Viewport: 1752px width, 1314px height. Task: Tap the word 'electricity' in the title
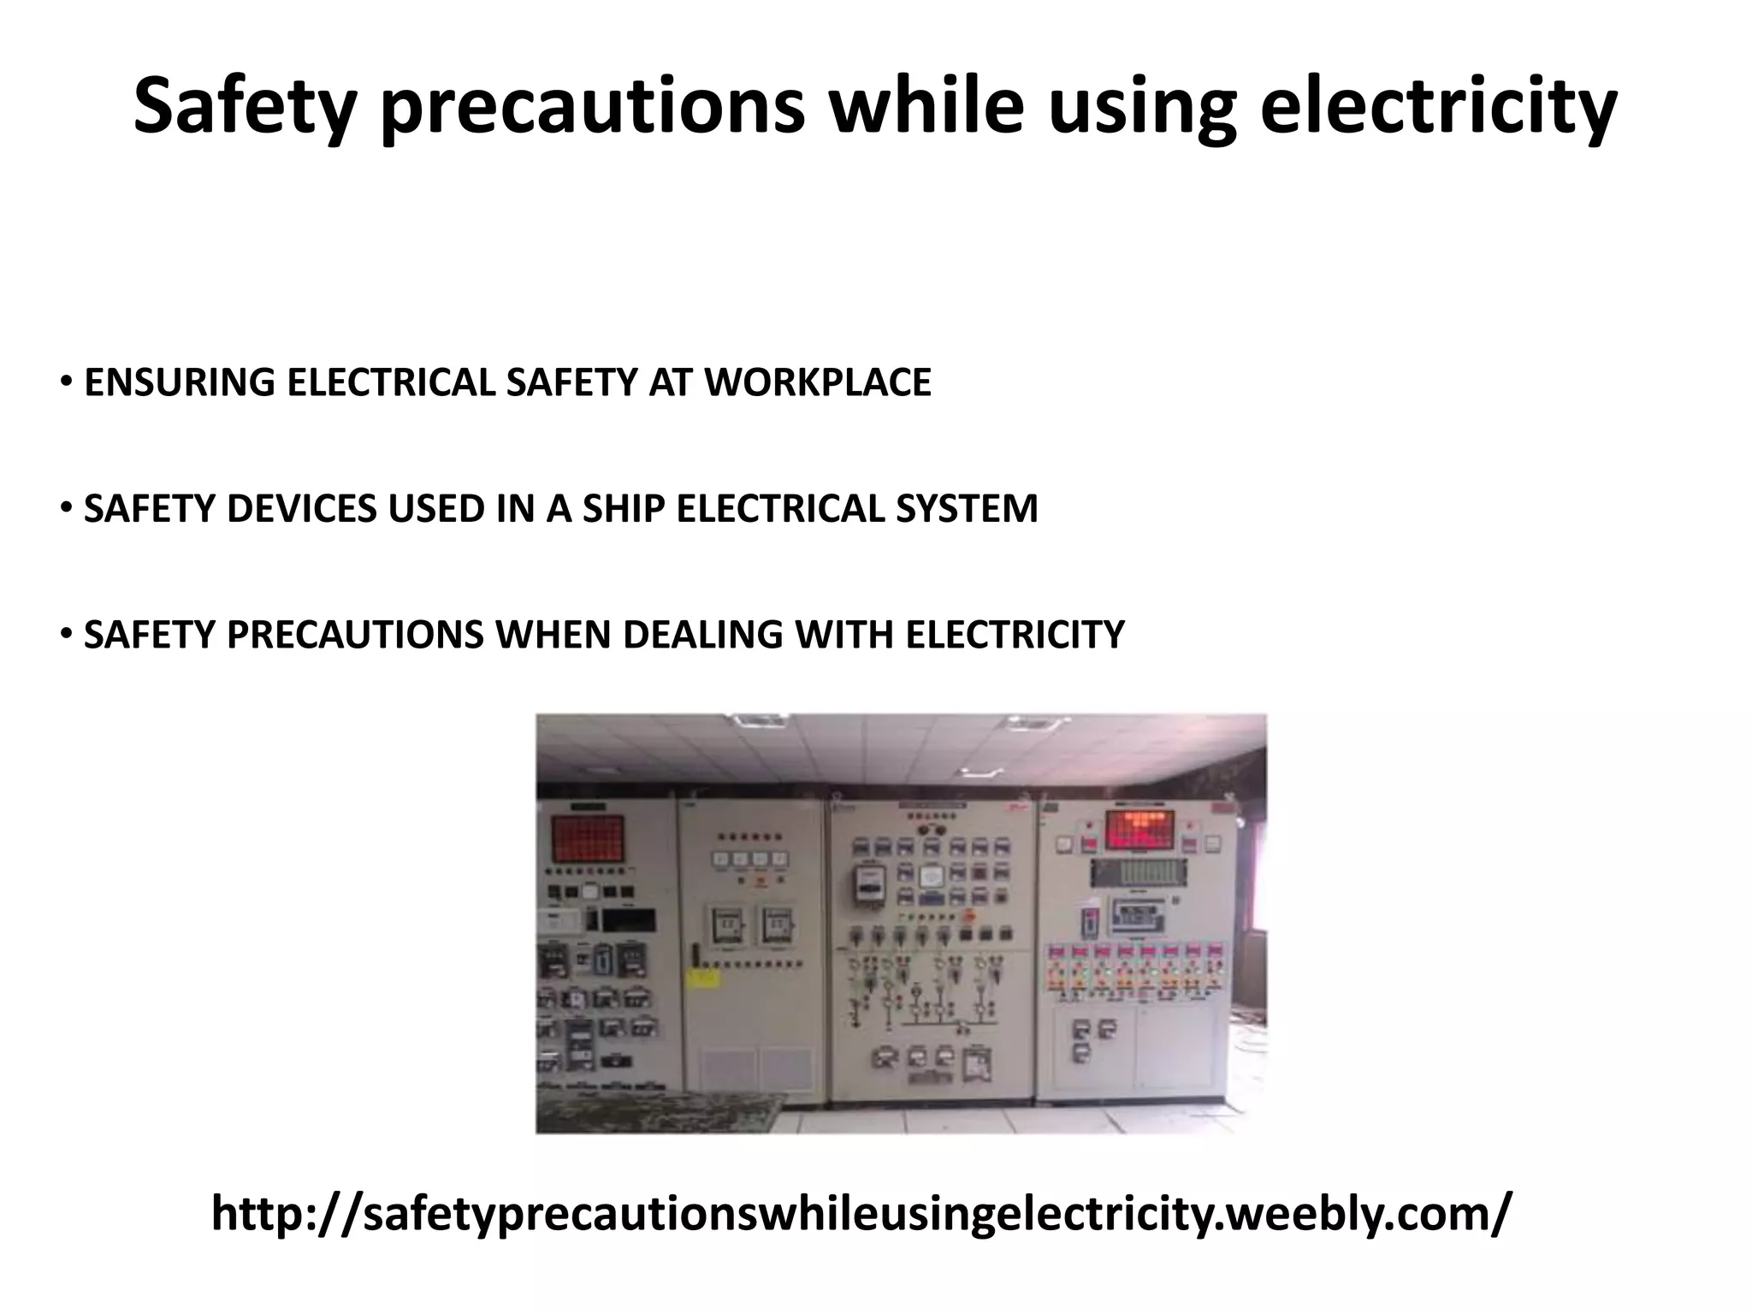click(x=1438, y=106)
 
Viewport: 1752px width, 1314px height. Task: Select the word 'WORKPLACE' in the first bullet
click(x=817, y=382)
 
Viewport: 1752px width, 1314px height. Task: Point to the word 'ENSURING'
click(x=179, y=382)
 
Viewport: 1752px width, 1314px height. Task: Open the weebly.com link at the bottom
click(x=861, y=1213)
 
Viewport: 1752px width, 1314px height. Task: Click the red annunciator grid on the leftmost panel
click(x=587, y=839)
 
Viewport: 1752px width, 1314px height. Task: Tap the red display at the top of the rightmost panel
click(x=1138, y=828)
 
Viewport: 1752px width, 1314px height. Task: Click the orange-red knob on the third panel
click(x=968, y=914)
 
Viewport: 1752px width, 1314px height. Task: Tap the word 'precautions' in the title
click(x=592, y=106)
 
